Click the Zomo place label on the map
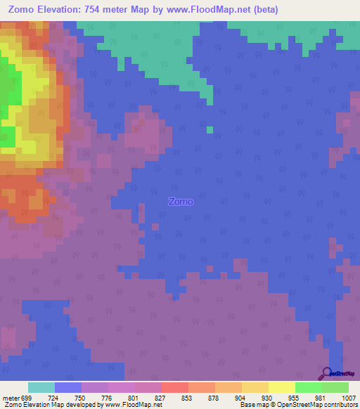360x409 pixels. [181, 202]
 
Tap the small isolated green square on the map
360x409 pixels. [210, 129]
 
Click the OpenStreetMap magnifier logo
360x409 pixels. [326, 373]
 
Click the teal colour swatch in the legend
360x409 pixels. [41, 387]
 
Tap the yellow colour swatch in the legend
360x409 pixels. [281, 387]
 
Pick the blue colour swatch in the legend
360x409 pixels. [68, 387]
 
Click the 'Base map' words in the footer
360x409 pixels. [254, 405]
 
